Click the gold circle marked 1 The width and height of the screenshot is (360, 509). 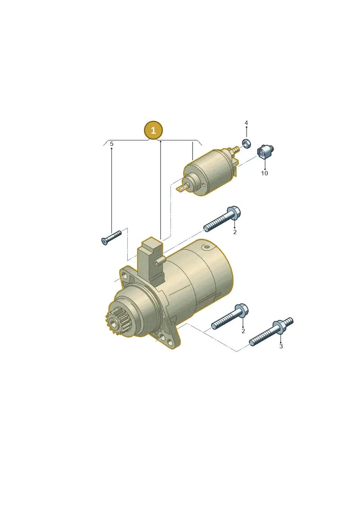click(x=153, y=131)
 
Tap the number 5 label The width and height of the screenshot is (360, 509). click(x=112, y=144)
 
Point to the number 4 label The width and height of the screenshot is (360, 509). click(x=246, y=123)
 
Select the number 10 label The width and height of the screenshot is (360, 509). click(x=265, y=173)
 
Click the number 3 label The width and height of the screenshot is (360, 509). click(x=281, y=347)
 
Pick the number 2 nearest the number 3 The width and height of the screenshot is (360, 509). click(x=243, y=331)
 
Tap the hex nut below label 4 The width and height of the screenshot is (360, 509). click(x=246, y=143)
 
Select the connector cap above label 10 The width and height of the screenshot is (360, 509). click(x=265, y=151)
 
